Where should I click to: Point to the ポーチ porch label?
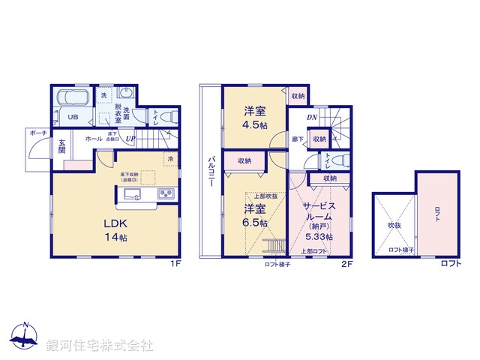tap(38, 133)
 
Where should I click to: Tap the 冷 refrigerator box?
tap(171, 159)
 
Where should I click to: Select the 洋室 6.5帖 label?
tap(252, 215)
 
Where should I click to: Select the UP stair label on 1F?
tap(130, 139)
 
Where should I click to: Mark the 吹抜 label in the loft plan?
tap(394, 223)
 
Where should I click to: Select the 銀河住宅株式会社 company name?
tap(100, 346)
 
